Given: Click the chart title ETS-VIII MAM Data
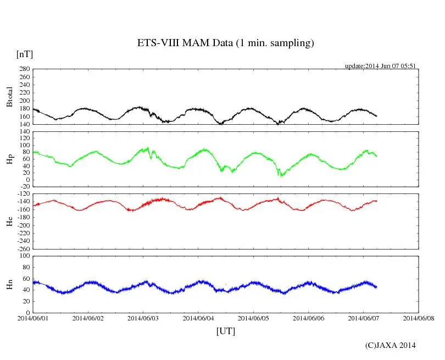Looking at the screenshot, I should [225, 43].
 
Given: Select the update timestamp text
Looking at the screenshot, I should [380, 66].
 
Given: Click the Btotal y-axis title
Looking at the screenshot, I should [9, 97].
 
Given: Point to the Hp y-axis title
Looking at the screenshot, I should [9, 159].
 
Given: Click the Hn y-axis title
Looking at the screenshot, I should [9, 284].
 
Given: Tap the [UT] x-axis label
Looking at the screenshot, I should [225, 331].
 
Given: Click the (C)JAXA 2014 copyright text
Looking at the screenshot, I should [390, 345].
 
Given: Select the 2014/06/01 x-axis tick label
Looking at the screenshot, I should [33, 318].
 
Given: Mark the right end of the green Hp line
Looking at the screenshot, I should [376, 156].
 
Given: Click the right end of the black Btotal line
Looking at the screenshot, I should [376, 116].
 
